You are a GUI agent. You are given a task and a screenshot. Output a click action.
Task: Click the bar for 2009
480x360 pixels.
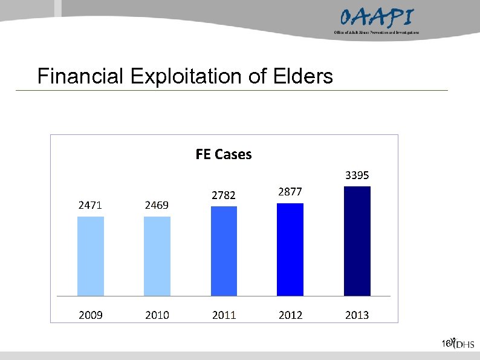(91, 256)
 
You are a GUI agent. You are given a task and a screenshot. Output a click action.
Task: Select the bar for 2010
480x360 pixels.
(157, 256)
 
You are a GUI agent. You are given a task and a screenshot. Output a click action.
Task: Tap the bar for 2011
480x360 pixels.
(224, 251)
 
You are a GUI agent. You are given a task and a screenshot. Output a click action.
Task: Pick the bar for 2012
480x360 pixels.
(290, 249)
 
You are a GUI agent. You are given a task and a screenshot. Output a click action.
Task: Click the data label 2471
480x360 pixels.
(90, 205)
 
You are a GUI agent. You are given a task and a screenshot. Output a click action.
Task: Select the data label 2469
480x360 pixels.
(157, 205)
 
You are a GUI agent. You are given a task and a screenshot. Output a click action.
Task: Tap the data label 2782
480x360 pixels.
(224, 195)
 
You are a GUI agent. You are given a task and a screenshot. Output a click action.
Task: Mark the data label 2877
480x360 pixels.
(290, 192)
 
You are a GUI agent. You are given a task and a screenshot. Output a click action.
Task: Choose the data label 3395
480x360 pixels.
(357, 175)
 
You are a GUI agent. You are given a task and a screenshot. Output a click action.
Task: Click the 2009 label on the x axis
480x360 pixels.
(90, 315)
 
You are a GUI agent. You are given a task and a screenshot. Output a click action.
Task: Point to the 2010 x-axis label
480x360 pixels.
(157, 315)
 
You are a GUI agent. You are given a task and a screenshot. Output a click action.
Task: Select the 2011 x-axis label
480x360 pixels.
(224, 315)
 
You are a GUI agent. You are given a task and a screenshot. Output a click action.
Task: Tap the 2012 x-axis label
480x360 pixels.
(290, 315)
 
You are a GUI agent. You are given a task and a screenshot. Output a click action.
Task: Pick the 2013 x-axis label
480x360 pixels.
(357, 315)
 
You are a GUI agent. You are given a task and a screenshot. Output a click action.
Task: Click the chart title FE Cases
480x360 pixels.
(224, 155)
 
